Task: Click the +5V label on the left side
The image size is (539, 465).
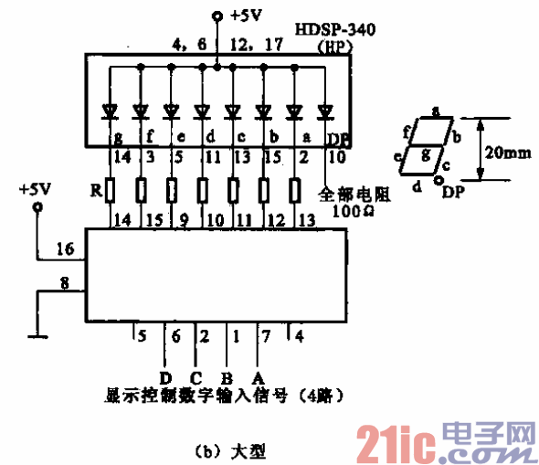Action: (35, 190)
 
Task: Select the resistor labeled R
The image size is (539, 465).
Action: (110, 190)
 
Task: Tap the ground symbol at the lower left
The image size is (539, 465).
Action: (37, 335)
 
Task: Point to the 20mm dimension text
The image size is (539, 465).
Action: (506, 153)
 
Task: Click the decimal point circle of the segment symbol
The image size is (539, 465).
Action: (438, 181)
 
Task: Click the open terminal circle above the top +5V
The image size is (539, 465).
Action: (217, 16)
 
